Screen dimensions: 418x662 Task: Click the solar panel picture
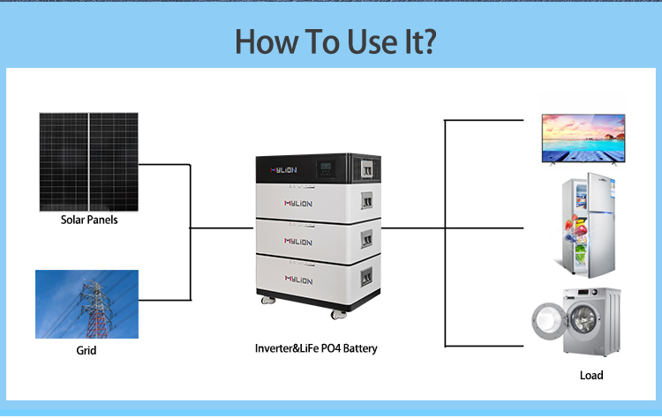click(87, 160)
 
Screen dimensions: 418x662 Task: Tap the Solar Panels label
click(89, 220)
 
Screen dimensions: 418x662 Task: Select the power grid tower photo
click(87, 304)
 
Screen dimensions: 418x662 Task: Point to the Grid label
click(86, 350)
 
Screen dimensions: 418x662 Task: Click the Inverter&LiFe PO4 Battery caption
click(316, 348)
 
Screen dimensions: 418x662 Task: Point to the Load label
click(591, 376)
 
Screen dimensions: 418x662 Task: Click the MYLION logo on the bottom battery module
click(300, 278)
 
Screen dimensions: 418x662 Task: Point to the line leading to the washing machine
click(490, 346)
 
